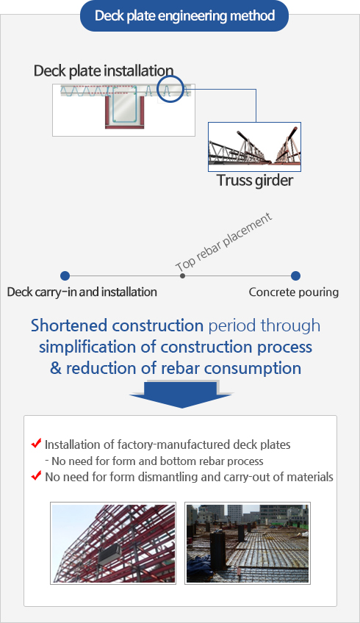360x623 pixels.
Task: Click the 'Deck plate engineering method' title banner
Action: (184, 16)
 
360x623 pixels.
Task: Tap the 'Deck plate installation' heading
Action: (104, 71)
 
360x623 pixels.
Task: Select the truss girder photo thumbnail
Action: (254, 147)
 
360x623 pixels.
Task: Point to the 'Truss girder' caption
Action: (255, 181)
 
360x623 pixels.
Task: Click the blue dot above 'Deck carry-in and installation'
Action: (65, 276)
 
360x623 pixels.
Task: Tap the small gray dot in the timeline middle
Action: (182, 276)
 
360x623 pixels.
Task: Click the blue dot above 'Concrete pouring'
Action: (295, 276)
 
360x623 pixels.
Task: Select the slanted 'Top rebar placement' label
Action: (224, 242)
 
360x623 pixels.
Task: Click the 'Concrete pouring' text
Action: (294, 292)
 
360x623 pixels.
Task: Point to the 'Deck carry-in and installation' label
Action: (82, 292)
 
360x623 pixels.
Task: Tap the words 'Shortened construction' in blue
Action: (118, 325)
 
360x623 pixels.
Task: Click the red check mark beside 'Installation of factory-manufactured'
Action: (37, 443)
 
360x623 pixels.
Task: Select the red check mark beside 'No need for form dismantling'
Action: (37, 475)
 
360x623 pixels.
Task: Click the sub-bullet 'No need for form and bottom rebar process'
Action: (154, 461)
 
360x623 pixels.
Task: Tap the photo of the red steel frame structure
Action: (113, 543)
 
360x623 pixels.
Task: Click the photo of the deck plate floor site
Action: (247, 543)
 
